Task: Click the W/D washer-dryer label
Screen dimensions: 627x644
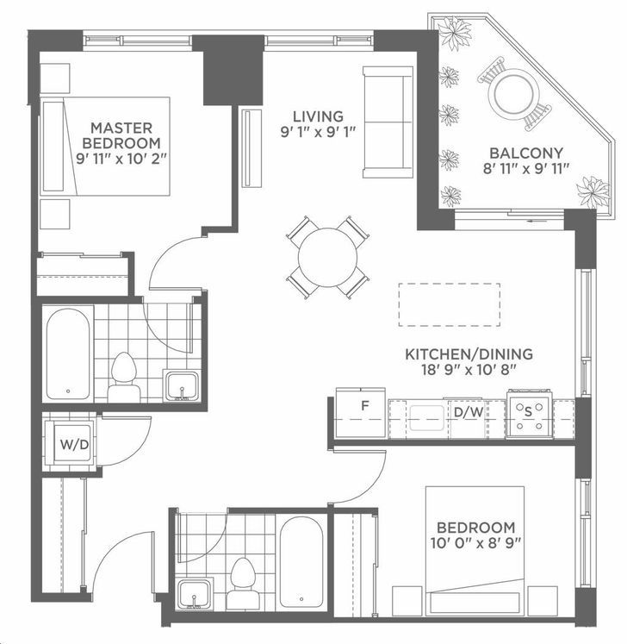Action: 74,444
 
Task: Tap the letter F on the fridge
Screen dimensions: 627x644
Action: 365,406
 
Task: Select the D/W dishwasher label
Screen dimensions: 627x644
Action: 469,412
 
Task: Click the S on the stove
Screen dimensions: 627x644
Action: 528,412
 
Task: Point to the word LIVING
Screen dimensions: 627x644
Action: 318,116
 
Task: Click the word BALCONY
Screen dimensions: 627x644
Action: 526,153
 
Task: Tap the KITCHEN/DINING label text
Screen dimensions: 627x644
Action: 469,354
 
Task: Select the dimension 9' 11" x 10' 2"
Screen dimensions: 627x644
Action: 122,159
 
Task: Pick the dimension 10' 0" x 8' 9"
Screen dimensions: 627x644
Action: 475,543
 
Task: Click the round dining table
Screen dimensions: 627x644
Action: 327,258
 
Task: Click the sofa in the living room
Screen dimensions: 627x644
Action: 388,122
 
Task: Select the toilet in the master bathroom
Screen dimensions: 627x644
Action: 123,377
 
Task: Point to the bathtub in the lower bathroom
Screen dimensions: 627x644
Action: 301,562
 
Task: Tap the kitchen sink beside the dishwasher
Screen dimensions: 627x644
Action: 426,418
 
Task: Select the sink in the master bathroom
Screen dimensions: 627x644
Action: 182,385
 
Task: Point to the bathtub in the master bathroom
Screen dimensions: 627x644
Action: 68,354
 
